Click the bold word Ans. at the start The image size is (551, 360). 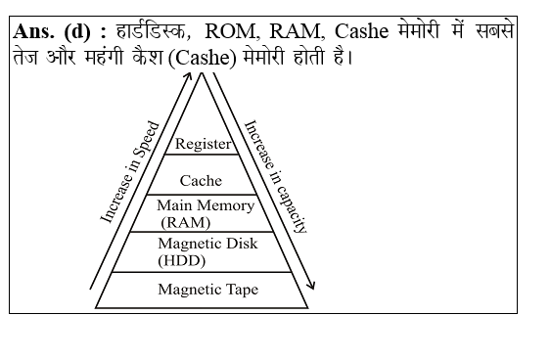pos(37,32)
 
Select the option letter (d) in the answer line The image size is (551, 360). pos(79,32)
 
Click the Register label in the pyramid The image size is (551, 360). pos(203,144)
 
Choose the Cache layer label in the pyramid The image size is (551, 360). pos(201,180)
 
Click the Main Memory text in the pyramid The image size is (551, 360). pos(206,205)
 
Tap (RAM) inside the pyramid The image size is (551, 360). pos(186,221)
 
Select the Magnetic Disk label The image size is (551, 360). pos(207,243)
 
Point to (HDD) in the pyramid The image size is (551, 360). pos(178,260)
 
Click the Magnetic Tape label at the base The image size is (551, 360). pos(207,290)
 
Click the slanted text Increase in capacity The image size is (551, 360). pos(276,176)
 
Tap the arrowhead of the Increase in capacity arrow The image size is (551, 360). pos(313,287)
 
